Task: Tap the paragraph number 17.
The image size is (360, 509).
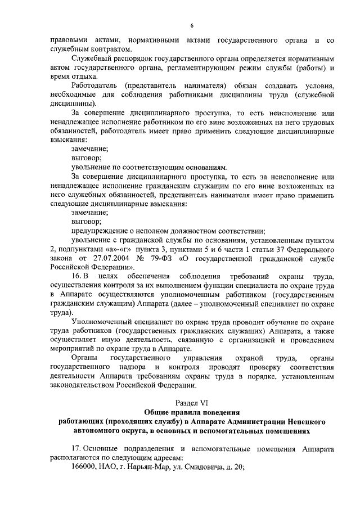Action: (78, 448)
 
